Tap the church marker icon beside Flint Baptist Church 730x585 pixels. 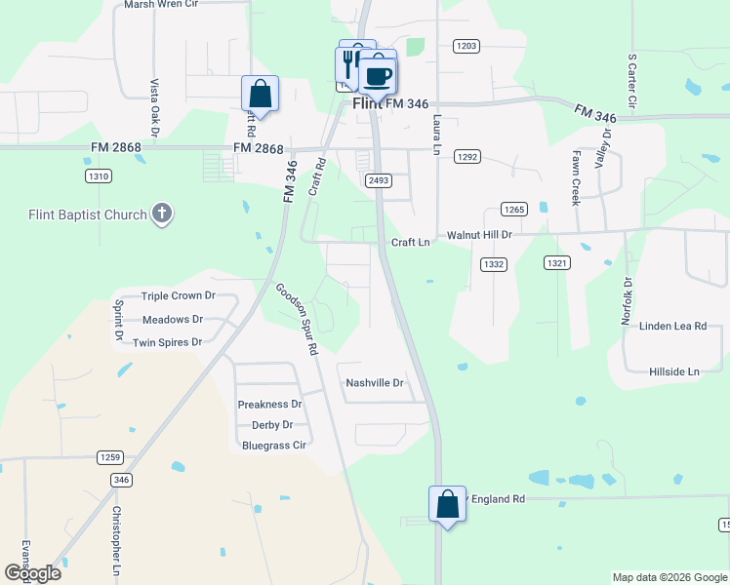[162, 214]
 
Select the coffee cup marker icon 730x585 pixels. [377, 75]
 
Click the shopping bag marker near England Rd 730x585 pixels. [447, 505]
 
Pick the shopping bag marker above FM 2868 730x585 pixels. [260, 95]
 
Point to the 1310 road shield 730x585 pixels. [99, 176]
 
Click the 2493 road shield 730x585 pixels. [379, 180]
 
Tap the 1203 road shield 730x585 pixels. [466, 46]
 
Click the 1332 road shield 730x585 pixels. [494, 264]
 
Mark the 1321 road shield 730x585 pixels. [557, 263]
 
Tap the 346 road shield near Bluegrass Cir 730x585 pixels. [121, 480]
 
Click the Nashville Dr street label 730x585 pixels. [375, 383]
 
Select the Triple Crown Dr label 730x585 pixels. [178, 296]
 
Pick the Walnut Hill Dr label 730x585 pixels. [479, 235]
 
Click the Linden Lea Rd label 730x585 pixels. [672, 327]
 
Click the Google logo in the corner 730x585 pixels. [32, 573]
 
